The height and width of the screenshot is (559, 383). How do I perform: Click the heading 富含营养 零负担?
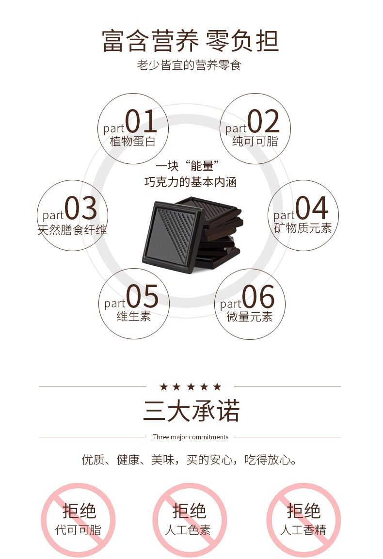(x=190, y=41)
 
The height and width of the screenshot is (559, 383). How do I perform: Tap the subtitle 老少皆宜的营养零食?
(x=189, y=65)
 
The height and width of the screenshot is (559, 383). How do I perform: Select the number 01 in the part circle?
(x=141, y=121)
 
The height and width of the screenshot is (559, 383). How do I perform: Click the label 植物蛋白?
(x=133, y=141)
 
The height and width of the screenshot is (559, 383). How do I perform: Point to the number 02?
(x=264, y=121)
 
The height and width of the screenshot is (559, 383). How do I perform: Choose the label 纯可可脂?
(x=255, y=141)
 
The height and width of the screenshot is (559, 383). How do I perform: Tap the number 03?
(x=81, y=208)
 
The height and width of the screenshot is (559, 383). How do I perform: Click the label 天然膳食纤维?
(x=72, y=230)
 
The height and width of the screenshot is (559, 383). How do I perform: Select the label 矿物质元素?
(x=303, y=228)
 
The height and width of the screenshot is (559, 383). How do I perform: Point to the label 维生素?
(x=134, y=316)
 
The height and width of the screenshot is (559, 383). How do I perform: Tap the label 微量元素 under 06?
(x=250, y=316)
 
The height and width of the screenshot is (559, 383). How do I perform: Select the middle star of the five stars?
(x=191, y=386)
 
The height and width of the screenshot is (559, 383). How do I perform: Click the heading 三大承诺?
(x=191, y=411)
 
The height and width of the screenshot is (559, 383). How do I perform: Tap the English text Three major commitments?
(x=191, y=437)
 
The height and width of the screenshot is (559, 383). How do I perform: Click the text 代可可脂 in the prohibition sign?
(x=79, y=530)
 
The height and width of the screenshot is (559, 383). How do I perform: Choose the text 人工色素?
(x=188, y=530)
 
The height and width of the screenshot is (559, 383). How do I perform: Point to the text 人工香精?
(x=303, y=530)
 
